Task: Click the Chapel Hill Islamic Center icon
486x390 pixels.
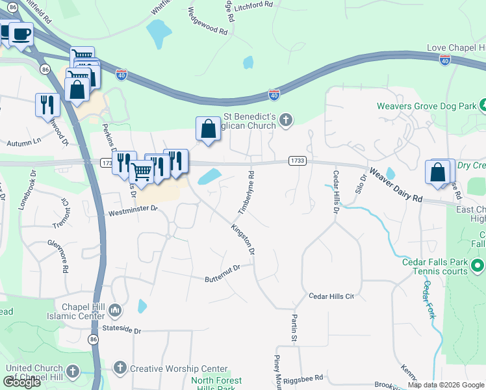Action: (116, 309)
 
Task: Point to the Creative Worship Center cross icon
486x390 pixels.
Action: (120, 369)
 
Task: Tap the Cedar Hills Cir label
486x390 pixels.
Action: (331, 296)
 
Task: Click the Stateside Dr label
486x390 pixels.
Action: (118, 331)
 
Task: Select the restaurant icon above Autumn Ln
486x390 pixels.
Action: (47, 105)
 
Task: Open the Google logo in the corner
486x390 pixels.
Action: (22, 382)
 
